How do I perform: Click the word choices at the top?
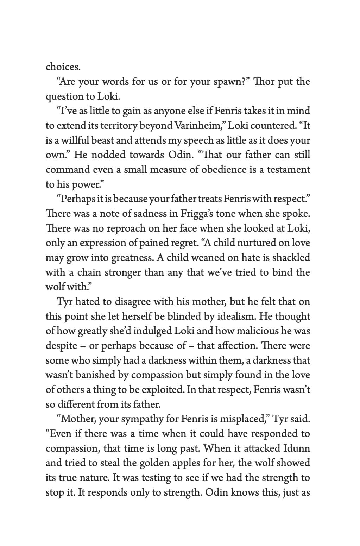point(63,67)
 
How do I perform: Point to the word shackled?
point(290,258)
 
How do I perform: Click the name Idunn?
point(296,448)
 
